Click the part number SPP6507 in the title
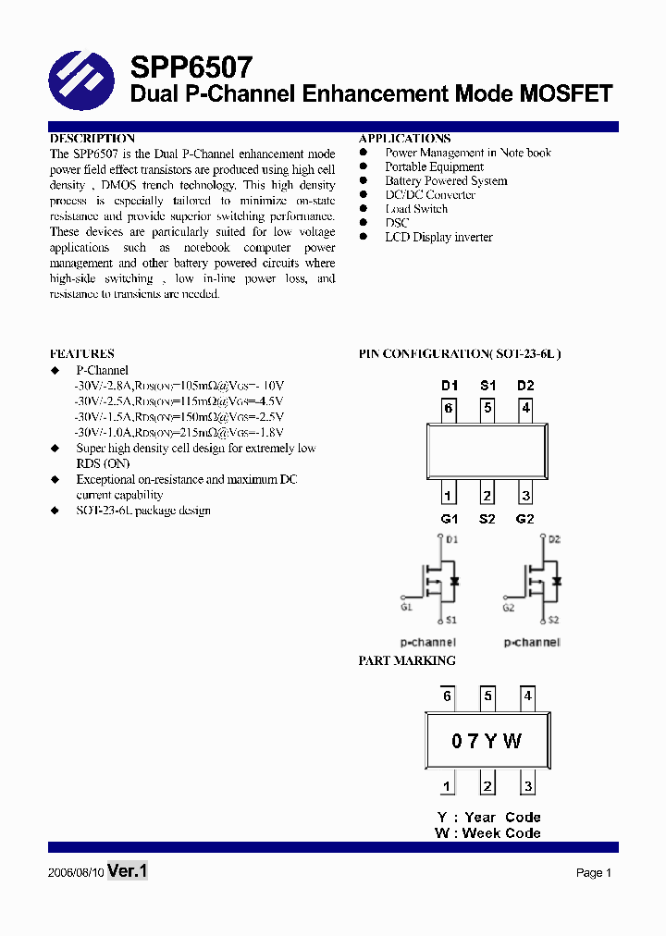tap(191, 67)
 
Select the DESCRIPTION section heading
tap(92, 139)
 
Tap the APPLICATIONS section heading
tap(404, 139)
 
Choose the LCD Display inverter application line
tap(438, 237)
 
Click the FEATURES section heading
tap(81, 353)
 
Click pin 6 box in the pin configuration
tap(448, 408)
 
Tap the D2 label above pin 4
tap(525, 385)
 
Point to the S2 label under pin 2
tap(487, 519)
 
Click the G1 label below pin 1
tap(449, 519)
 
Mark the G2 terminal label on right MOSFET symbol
tap(509, 608)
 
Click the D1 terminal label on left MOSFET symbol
tap(451, 538)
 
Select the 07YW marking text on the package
tap(487, 741)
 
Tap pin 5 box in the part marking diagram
tap(487, 696)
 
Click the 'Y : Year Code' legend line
tap(488, 817)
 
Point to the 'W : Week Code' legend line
tap(487, 832)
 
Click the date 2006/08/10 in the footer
tap(75, 872)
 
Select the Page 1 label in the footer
tap(594, 872)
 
